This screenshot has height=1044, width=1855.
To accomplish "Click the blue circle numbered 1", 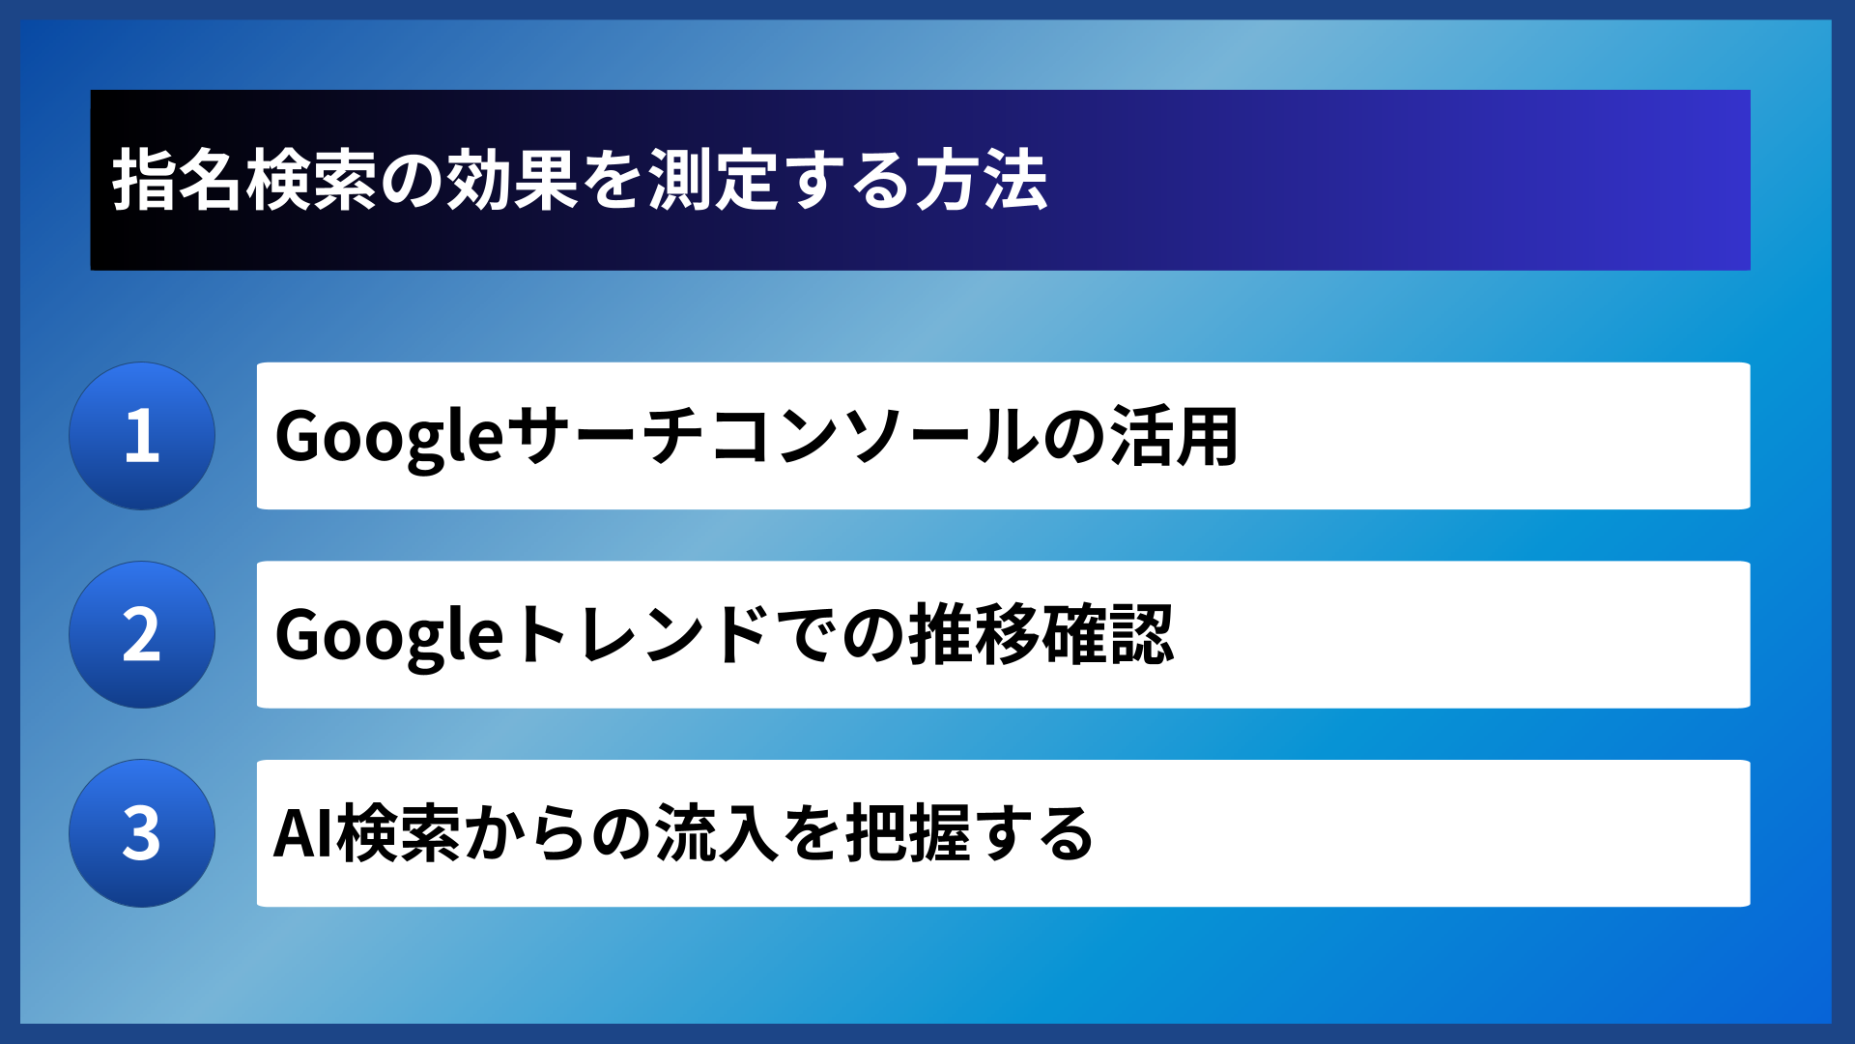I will (x=142, y=436).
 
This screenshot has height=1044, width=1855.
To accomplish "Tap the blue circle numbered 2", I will (x=142, y=635).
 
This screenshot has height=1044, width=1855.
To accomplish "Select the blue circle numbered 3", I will (x=142, y=833).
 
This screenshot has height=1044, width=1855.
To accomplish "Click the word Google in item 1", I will (x=388, y=437).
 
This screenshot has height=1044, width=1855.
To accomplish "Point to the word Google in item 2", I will (x=388, y=636).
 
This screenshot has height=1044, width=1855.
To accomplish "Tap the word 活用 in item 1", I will (x=1174, y=437).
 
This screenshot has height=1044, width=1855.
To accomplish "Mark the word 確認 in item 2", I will (x=1108, y=636).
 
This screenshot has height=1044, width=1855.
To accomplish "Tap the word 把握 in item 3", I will (x=908, y=834).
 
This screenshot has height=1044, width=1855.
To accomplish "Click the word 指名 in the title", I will (x=178, y=181).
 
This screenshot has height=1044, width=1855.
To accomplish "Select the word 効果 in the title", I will (x=512, y=181).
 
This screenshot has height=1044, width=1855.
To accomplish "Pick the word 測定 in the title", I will (x=712, y=181).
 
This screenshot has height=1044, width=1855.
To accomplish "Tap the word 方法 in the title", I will (x=981, y=181).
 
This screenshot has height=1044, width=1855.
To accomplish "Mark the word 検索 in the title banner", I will (x=311, y=181).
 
